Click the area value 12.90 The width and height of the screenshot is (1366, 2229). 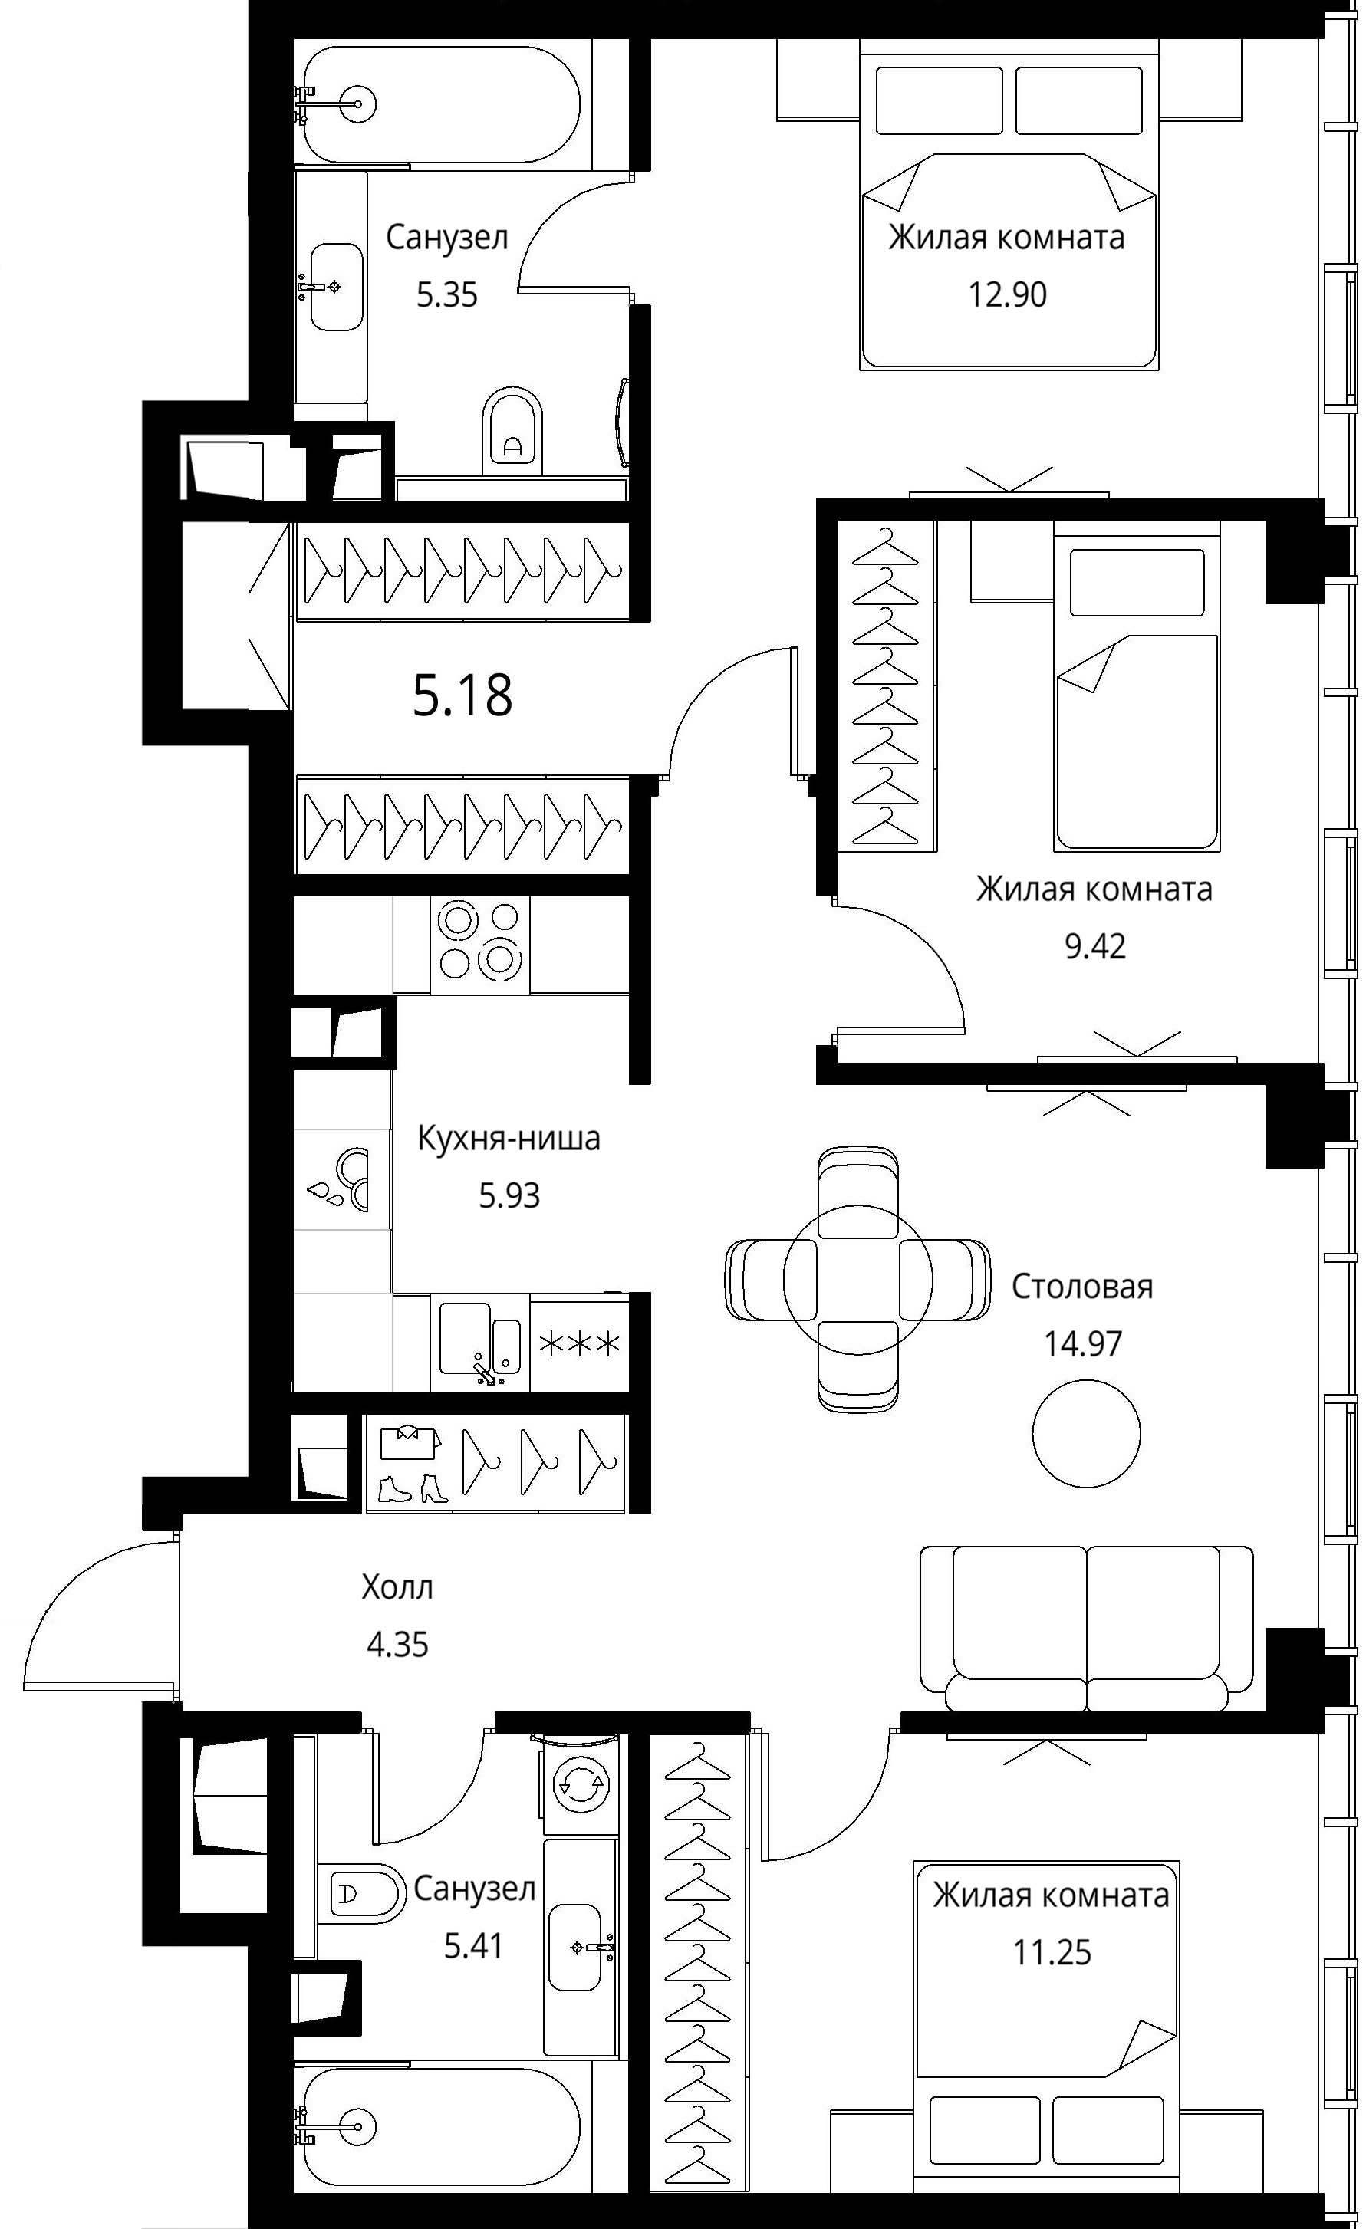pyautogui.click(x=1008, y=295)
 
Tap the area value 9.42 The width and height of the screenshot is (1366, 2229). pyautogui.click(x=1094, y=946)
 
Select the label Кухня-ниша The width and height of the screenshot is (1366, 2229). pyautogui.click(x=509, y=1138)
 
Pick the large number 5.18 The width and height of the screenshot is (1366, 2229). pyautogui.click(x=462, y=695)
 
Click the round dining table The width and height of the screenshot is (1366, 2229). pyautogui.click(x=857, y=1280)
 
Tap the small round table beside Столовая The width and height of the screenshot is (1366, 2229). pyautogui.click(x=1085, y=1433)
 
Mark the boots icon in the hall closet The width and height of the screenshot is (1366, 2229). pyautogui.click(x=413, y=1489)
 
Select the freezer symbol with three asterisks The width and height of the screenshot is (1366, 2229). pyautogui.click(x=580, y=1343)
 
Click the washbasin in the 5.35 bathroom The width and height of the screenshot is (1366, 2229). pyautogui.click(x=336, y=287)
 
